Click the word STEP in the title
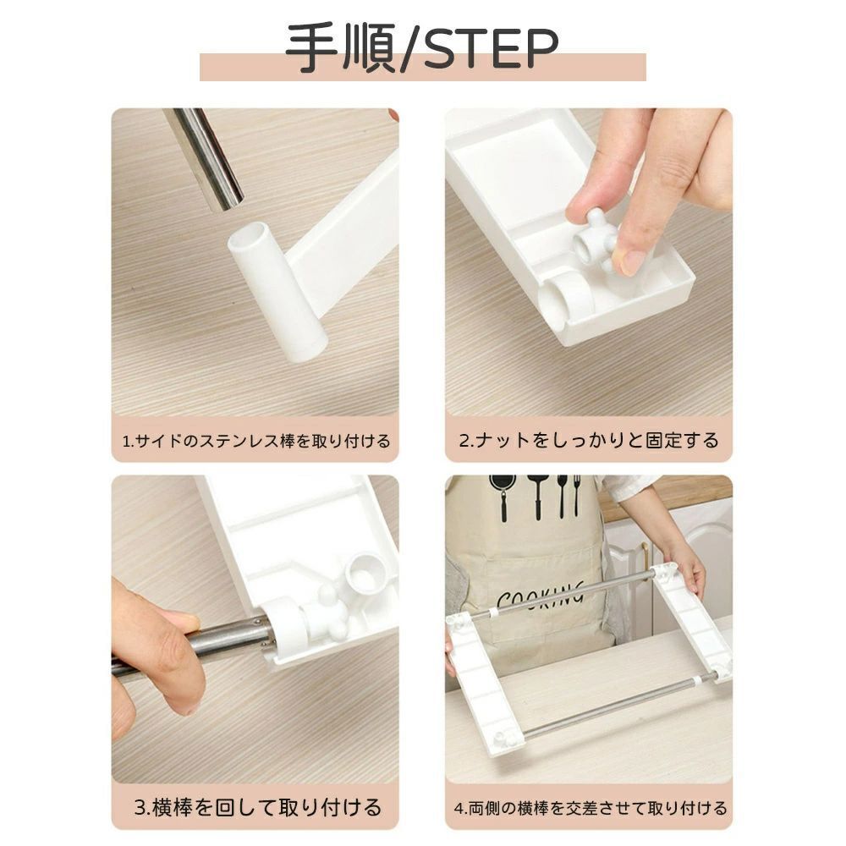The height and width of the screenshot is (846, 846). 491,49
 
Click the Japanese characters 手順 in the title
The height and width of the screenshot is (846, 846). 340,49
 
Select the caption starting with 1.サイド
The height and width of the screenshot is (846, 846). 255,442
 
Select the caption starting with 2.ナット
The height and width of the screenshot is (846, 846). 589,440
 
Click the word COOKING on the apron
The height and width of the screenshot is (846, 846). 541,596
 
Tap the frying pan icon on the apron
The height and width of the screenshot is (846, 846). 503,496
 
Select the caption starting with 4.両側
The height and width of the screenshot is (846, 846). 591,809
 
